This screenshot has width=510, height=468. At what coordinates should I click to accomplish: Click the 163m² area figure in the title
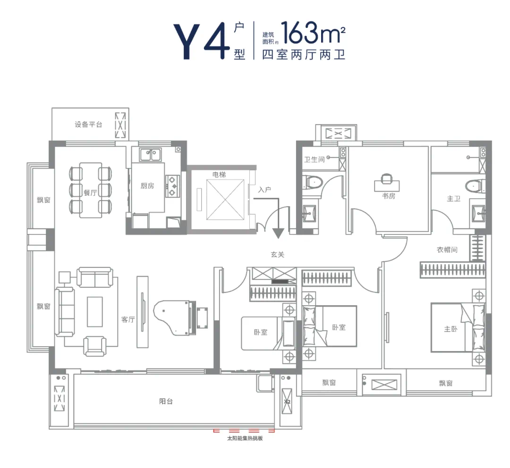(313, 33)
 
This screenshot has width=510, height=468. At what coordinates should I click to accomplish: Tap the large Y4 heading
(199, 41)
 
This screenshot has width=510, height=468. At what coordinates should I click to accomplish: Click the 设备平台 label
(88, 125)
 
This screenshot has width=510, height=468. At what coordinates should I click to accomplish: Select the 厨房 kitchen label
(147, 185)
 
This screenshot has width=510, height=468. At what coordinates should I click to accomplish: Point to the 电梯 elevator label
(219, 175)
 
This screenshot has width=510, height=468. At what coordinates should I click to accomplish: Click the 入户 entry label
(264, 190)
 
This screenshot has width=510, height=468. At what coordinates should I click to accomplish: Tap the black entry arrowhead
(278, 234)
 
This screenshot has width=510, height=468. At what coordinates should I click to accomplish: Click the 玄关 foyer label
(278, 254)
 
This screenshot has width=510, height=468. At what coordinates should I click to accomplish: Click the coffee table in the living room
(94, 312)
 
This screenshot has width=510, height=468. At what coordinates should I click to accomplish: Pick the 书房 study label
(389, 196)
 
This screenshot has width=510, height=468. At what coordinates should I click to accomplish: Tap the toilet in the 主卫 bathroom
(474, 186)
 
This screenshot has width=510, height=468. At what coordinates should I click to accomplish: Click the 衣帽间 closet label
(447, 250)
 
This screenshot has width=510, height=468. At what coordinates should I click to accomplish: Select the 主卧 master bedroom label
(450, 329)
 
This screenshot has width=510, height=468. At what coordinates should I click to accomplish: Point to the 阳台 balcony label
(166, 401)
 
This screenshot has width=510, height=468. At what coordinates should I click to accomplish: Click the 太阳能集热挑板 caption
(245, 438)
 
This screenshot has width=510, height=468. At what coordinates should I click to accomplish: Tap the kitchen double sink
(150, 155)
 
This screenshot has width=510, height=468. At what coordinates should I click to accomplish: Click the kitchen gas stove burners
(172, 186)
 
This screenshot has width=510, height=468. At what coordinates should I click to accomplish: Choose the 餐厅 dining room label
(90, 193)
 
